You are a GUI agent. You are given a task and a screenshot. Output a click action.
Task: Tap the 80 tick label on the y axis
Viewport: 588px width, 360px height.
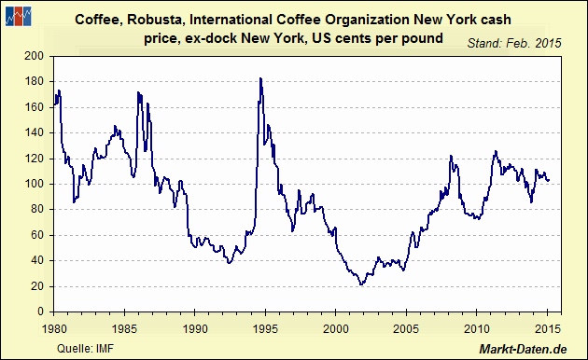(39, 209)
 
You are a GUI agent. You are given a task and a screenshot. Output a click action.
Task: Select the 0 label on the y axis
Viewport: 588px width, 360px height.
(42, 311)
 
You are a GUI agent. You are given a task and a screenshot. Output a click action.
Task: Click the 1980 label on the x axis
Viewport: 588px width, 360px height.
(54, 327)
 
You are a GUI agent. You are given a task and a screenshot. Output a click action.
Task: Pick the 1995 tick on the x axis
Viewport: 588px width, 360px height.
(265, 327)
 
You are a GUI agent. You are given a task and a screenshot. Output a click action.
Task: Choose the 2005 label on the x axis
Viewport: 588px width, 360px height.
(406, 327)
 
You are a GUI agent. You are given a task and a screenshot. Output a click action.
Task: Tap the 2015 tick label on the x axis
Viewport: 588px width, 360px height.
(547, 327)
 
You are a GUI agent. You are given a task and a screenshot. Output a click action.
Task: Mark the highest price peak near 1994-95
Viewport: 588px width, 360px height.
(260, 78)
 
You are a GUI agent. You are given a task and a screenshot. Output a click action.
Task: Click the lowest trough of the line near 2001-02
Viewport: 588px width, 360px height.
(361, 284)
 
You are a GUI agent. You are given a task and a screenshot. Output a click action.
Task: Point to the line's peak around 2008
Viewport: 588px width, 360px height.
(451, 156)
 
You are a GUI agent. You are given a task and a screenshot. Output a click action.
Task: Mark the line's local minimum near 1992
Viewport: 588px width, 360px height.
(229, 263)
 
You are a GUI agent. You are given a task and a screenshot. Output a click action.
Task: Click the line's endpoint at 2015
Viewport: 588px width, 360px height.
(549, 180)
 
